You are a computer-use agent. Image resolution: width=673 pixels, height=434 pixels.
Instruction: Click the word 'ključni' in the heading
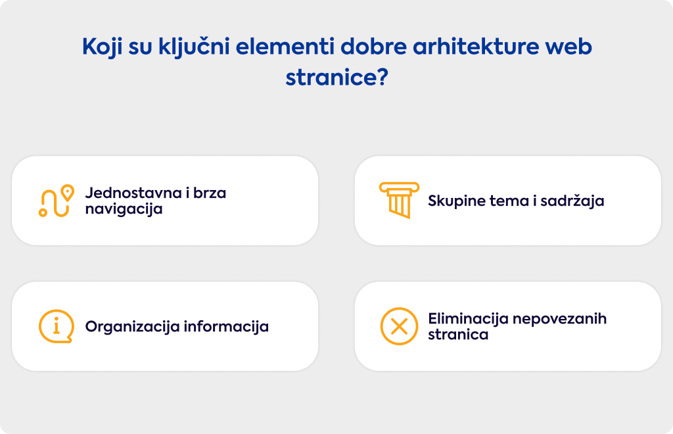[x=194, y=47]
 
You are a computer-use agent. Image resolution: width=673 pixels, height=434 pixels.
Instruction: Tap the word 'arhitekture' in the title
[x=476, y=47]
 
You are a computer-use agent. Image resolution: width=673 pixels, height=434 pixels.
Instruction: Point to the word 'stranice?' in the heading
[x=337, y=78]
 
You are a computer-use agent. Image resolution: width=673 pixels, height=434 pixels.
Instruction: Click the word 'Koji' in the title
[x=102, y=47]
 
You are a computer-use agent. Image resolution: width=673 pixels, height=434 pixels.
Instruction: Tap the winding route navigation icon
[x=56, y=201]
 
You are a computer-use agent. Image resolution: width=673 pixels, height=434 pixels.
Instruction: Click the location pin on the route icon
[x=68, y=193]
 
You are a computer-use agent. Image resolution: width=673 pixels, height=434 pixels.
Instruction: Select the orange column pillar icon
[x=399, y=200]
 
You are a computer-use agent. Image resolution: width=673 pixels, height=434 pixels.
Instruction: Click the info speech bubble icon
[x=57, y=326]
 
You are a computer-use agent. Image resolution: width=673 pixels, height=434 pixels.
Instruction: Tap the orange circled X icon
[x=399, y=326]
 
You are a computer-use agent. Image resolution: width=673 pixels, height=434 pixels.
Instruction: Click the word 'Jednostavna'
[x=133, y=193]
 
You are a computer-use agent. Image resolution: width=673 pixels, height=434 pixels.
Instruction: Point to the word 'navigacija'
[x=124, y=209]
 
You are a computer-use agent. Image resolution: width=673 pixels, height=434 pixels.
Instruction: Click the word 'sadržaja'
[x=572, y=201]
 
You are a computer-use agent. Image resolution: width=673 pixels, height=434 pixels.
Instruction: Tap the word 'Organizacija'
[x=132, y=327]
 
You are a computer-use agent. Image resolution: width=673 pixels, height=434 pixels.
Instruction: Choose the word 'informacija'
[x=226, y=327]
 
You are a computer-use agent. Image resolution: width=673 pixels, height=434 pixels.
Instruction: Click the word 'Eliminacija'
[x=468, y=318]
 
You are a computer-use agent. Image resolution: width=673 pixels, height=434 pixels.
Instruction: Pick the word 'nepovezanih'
[x=560, y=319]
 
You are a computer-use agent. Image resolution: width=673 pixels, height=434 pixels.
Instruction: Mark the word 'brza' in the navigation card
[x=210, y=193]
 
